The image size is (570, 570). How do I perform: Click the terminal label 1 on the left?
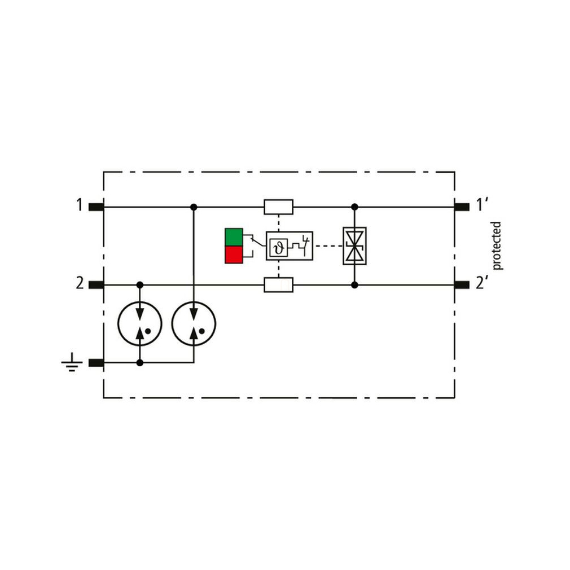80,205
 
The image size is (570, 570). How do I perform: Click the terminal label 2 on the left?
80,283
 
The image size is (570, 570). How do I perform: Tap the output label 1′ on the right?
481,205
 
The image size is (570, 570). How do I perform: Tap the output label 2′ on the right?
481,283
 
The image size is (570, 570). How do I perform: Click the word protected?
497,245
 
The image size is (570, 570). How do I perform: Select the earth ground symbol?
72,362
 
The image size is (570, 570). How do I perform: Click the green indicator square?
234,237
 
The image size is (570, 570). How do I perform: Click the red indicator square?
234,255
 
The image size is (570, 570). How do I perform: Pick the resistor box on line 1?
278,207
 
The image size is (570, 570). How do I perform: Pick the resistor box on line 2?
278,285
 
